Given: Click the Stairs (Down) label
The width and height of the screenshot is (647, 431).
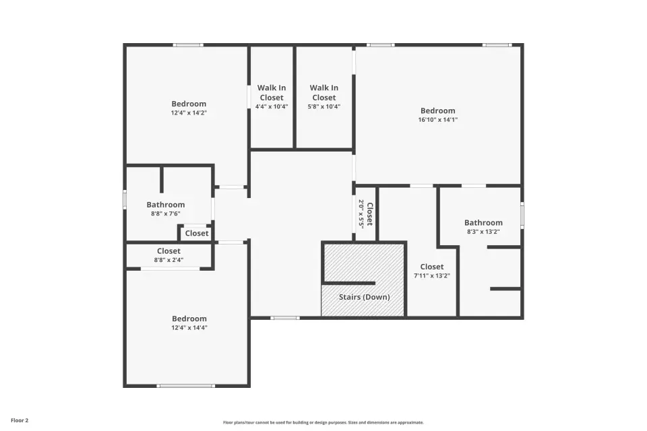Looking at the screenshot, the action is click(365, 297).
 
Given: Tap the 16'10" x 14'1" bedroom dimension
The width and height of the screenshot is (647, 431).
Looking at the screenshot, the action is click(438, 120).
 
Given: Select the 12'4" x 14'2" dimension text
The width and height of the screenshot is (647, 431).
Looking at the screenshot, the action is click(189, 112).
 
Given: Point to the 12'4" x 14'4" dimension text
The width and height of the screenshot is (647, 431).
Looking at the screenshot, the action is click(189, 327).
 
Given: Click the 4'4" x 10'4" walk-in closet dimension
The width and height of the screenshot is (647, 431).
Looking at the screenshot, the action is click(272, 106).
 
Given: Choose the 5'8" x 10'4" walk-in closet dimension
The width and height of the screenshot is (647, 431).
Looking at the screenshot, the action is click(324, 106).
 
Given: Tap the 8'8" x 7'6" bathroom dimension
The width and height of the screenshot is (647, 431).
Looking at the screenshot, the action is click(166, 213).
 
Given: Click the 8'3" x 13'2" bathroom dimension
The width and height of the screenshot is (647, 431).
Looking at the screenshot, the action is click(483, 232).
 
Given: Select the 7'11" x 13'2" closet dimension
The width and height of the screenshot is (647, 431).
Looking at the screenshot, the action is click(431, 275).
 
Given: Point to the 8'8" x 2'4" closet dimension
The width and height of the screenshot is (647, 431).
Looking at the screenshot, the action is click(168, 260).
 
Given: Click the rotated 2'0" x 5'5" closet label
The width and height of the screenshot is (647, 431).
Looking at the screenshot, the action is click(365, 214).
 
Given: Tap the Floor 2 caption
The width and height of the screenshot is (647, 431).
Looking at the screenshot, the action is click(20, 421).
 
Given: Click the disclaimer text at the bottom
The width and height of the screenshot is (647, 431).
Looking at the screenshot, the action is click(323, 422).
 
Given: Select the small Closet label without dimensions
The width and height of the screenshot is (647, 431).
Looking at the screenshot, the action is click(197, 234).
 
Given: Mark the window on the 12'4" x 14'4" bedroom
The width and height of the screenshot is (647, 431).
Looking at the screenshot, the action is click(186, 386).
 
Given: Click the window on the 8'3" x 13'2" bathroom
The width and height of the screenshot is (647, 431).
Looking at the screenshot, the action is click(522, 214).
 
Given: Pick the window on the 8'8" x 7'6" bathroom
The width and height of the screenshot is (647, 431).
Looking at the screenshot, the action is click(125, 199).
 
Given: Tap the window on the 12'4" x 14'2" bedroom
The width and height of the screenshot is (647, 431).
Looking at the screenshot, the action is click(188, 45).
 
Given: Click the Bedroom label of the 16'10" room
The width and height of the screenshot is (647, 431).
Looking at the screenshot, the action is click(438, 110).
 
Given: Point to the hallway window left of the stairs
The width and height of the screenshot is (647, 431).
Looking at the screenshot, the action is click(285, 318).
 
